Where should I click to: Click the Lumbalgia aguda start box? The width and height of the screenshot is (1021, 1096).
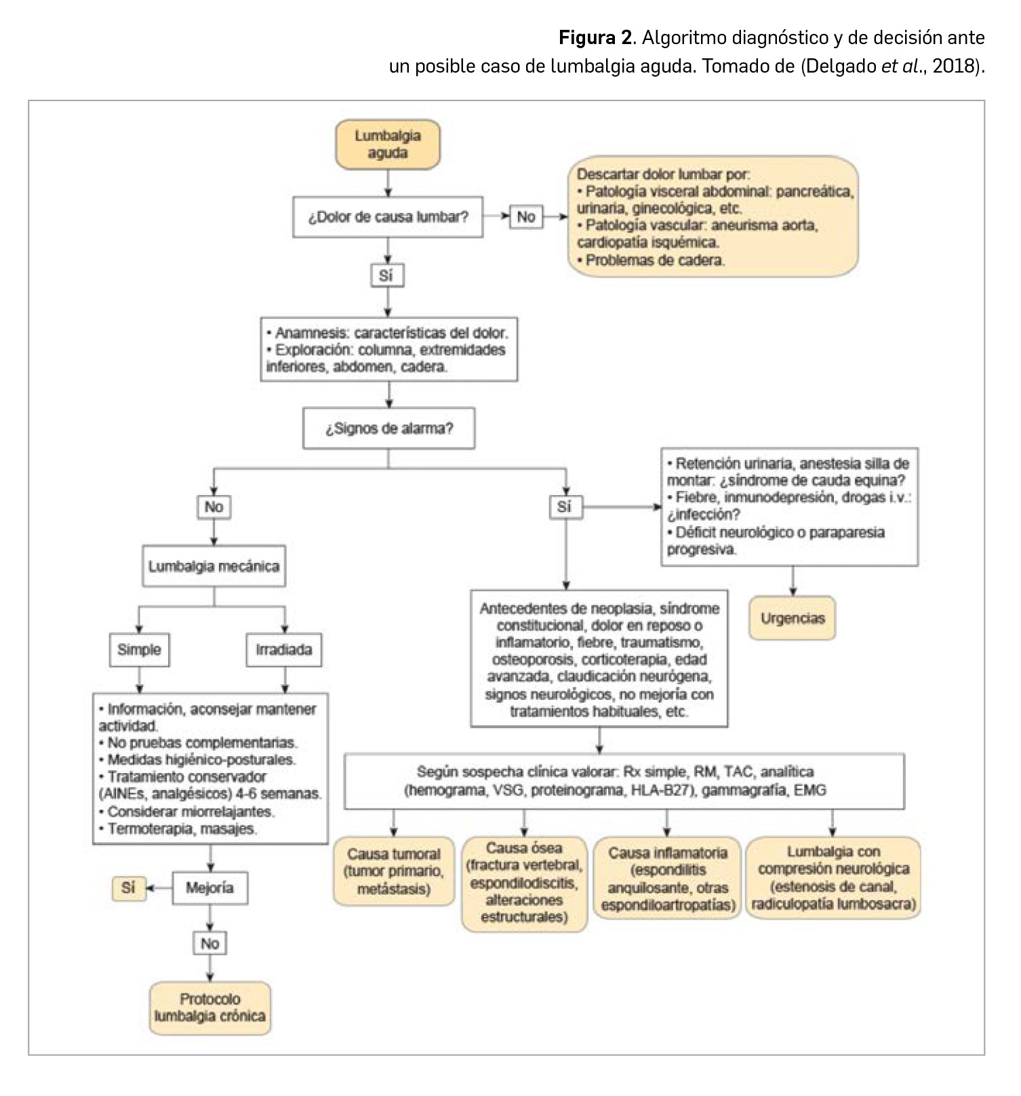point(388,144)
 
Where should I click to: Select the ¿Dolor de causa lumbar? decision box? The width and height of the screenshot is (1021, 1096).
point(388,217)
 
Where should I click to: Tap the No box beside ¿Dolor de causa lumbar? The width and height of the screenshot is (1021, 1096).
point(526,217)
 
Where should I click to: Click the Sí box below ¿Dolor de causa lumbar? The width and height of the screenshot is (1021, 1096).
point(386,275)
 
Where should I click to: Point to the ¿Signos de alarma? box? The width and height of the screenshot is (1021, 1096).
point(388,429)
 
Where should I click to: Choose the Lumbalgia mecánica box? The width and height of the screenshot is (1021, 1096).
point(214,566)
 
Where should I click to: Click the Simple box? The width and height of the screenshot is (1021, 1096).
point(139,650)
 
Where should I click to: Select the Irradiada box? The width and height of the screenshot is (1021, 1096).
point(284,650)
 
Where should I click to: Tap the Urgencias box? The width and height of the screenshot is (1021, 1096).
point(793,619)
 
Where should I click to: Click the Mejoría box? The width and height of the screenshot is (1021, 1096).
point(209,888)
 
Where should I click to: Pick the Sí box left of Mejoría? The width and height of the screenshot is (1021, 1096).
point(128,888)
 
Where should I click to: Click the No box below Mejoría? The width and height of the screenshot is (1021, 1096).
point(209,943)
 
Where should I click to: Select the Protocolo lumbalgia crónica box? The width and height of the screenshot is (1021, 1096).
point(209,1008)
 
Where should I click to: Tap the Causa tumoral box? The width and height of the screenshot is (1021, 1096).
point(394,872)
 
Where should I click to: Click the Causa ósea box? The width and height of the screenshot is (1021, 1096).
point(524,882)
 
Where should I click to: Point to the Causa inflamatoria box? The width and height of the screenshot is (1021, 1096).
point(668,878)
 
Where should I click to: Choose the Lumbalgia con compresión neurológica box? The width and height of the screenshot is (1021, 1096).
point(833,878)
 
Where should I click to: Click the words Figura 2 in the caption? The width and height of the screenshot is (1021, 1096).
point(595,38)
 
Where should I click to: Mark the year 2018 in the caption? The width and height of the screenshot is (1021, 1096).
point(953,67)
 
